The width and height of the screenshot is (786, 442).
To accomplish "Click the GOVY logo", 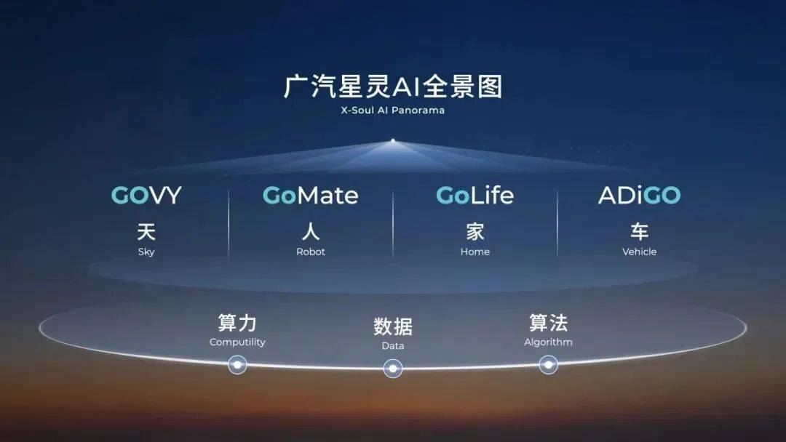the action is (x=146, y=196).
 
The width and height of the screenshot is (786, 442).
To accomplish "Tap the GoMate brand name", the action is (x=310, y=196).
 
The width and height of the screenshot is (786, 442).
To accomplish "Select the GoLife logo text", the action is (x=475, y=196).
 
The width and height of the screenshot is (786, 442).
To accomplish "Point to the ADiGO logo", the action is (x=639, y=196).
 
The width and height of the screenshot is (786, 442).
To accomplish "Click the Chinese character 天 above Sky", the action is (x=146, y=232).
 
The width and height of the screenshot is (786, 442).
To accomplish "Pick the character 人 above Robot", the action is (x=311, y=232).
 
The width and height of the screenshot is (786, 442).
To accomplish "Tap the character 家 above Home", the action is (x=475, y=232).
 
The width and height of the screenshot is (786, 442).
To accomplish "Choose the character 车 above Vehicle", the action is (x=640, y=232).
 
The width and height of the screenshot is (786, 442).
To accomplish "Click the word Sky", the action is (x=146, y=252).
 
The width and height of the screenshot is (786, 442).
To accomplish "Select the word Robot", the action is (x=311, y=252).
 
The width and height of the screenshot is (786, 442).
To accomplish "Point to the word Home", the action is (x=475, y=252).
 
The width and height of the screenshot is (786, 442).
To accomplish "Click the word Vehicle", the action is (x=640, y=252).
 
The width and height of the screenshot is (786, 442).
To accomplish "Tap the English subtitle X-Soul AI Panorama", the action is (x=393, y=110).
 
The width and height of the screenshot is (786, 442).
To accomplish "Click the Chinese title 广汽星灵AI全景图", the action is (x=393, y=87).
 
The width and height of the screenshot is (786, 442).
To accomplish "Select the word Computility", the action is (x=237, y=342).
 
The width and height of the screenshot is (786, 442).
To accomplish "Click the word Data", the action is (x=393, y=346).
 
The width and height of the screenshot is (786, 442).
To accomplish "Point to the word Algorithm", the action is (x=549, y=342).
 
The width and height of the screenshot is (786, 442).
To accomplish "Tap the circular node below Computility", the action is (x=237, y=365).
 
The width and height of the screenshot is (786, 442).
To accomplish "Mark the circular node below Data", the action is (x=393, y=369).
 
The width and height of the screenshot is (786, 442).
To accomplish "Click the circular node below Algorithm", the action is (x=549, y=365).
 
